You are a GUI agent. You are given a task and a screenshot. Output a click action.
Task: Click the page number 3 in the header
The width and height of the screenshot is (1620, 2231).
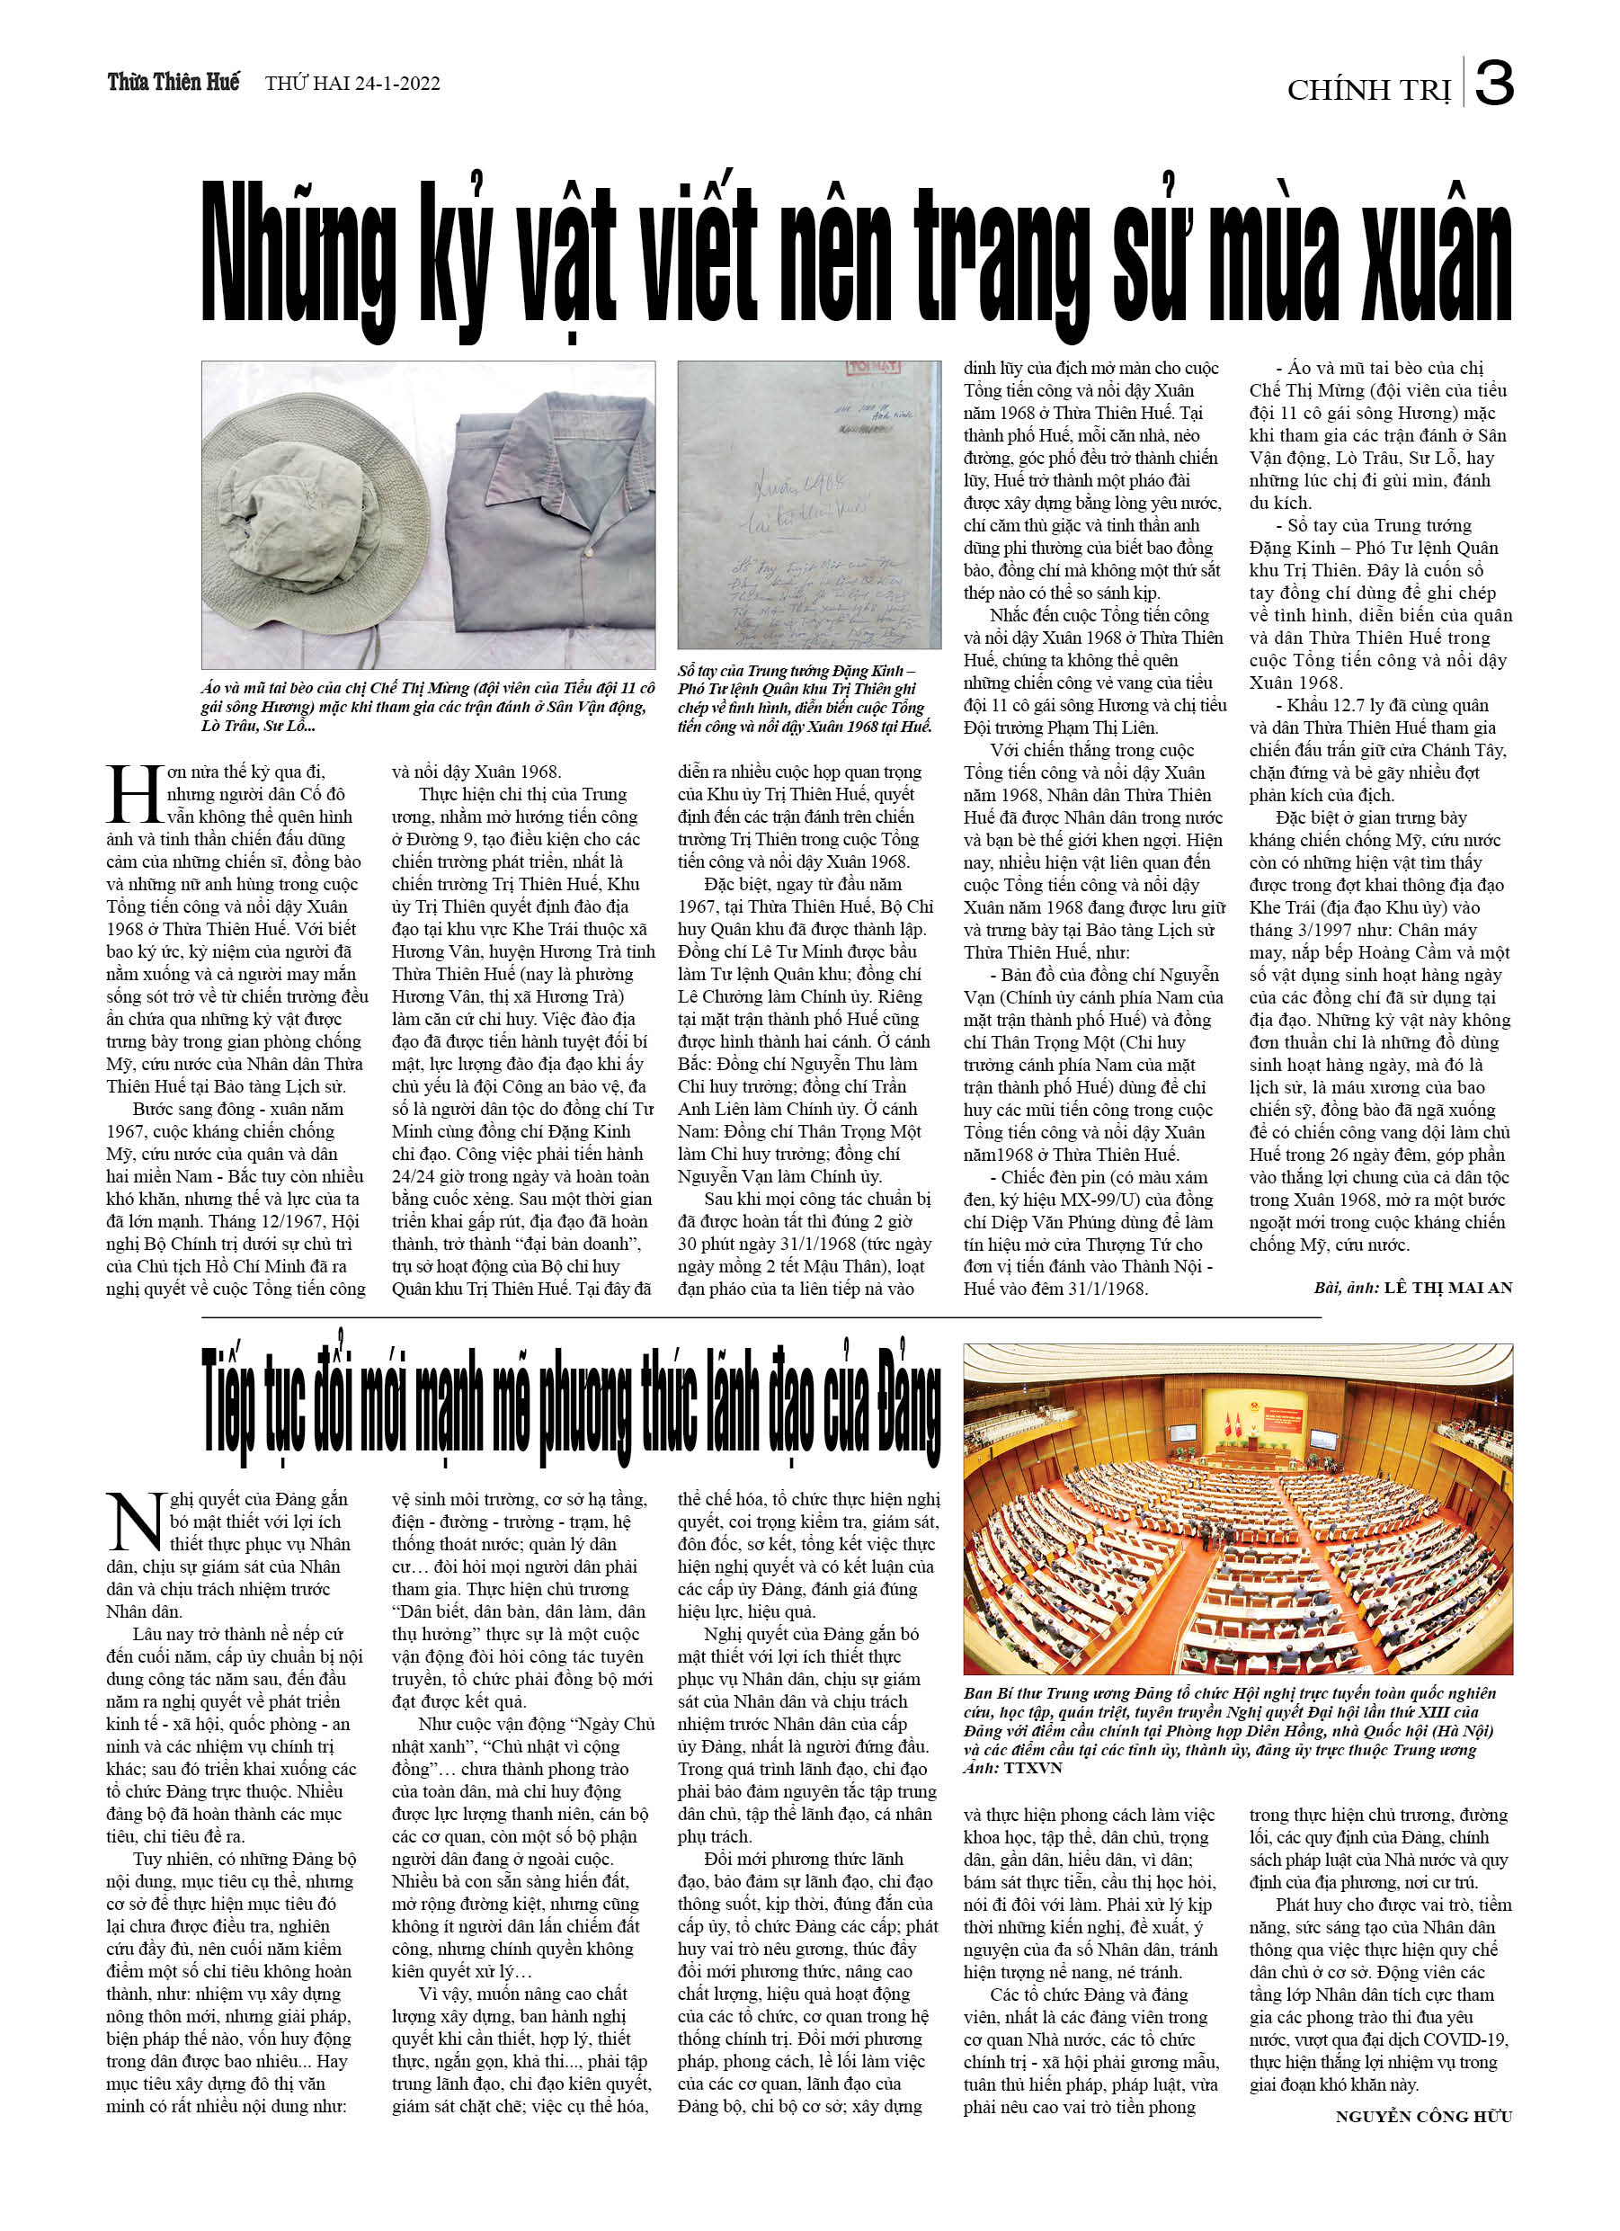(1493, 85)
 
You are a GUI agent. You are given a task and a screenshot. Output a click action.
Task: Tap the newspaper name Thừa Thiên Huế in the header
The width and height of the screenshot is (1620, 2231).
(174, 83)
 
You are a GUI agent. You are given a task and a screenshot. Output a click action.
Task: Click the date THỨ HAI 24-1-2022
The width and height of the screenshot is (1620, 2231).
(352, 85)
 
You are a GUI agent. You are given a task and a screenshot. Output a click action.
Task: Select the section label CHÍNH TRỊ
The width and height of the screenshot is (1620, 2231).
(1368, 91)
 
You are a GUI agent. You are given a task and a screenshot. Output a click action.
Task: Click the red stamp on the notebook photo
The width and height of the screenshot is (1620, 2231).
(872, 369)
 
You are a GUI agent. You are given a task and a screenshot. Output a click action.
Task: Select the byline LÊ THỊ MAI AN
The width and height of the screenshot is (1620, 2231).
(1448, 1288)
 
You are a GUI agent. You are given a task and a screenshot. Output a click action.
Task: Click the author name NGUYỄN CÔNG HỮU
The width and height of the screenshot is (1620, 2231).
(1423, 2116)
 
